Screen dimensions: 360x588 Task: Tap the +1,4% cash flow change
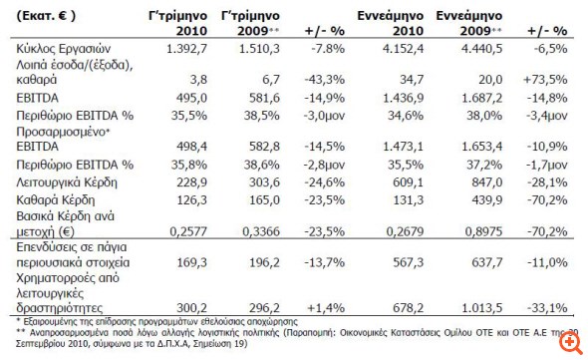tap(321, 309)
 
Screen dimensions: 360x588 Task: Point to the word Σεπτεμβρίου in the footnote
tap(39, 345)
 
